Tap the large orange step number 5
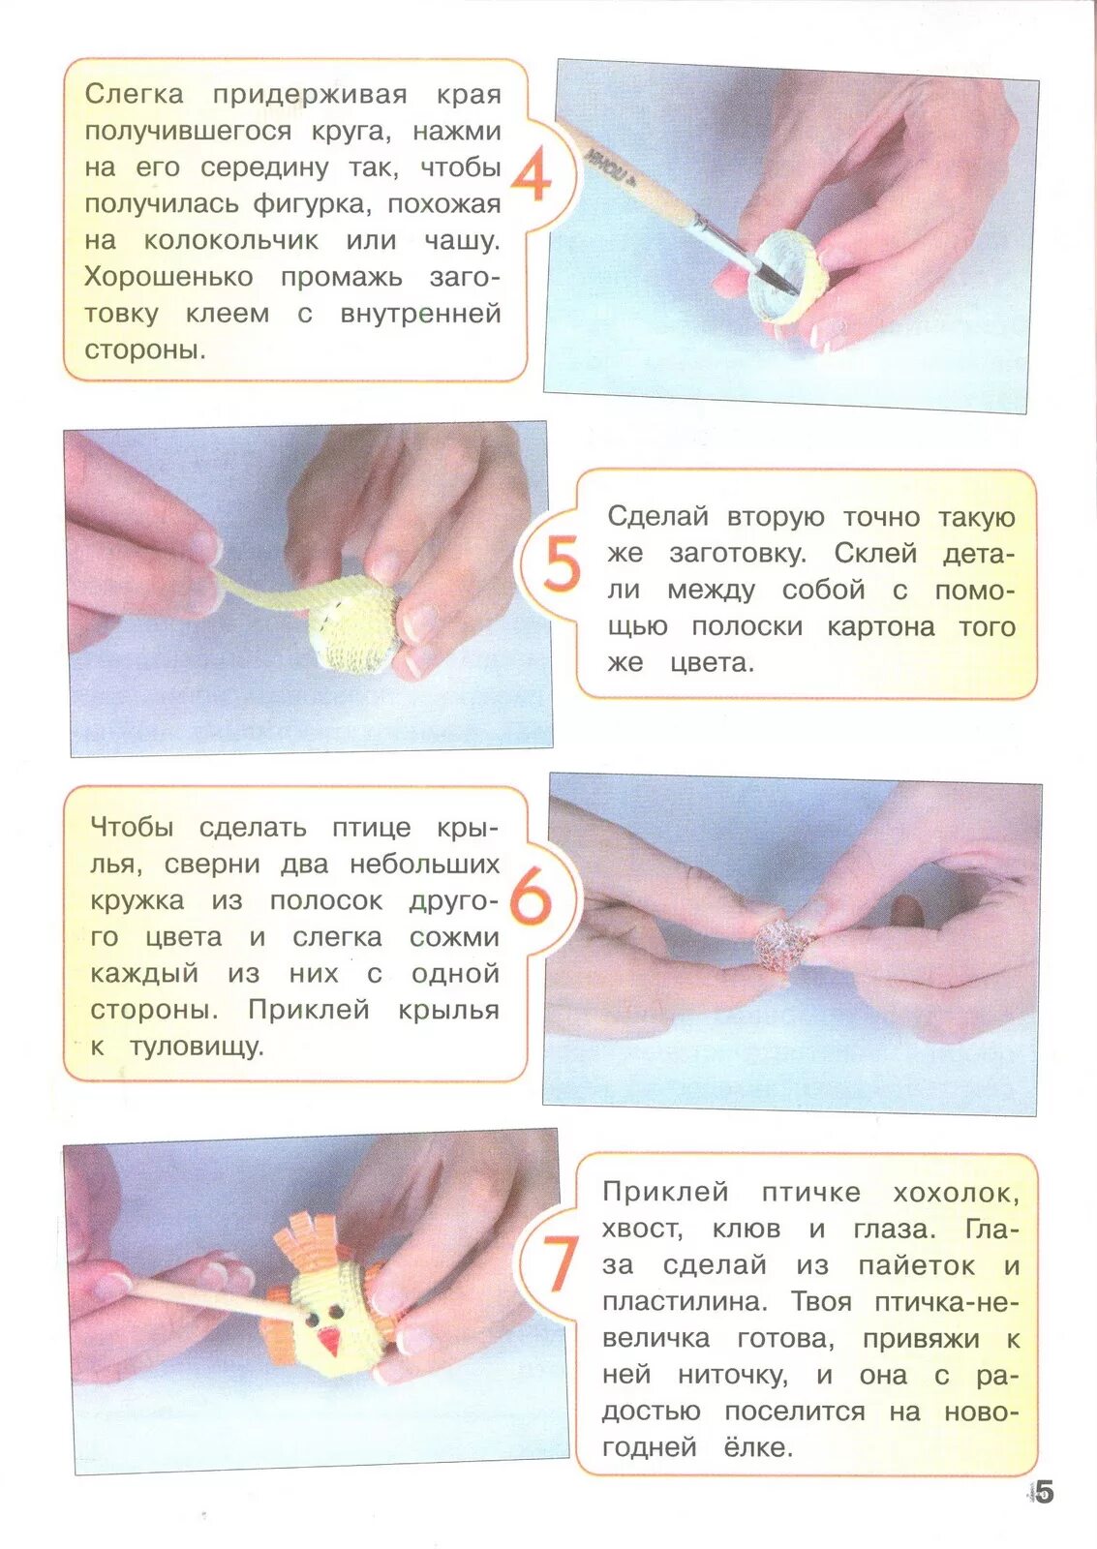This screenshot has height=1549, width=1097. [561, 564]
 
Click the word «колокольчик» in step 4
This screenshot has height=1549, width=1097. [231, 241]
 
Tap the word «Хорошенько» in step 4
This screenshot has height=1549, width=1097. [168, 277]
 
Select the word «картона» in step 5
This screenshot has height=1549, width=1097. [880, 627]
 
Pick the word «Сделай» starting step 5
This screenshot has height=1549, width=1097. [657, 517]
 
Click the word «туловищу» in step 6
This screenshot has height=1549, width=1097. [198, 1048]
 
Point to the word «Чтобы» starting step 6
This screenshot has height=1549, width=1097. [132, 828]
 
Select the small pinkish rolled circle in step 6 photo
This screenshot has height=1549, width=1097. [779, 943]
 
